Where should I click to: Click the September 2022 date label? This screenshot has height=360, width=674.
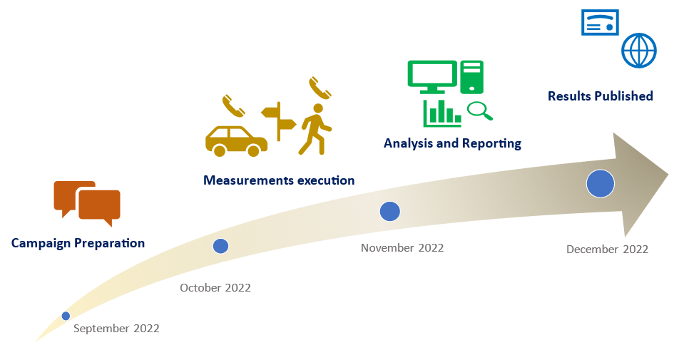pos(116,329)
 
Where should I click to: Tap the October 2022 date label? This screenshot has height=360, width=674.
pos(215,288)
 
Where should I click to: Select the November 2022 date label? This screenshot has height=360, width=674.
pos(402,248)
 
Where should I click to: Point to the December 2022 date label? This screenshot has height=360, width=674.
pos(607,250)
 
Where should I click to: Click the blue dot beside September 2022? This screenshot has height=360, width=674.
pos(66,315)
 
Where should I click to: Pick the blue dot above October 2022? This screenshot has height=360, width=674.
pos(221,246)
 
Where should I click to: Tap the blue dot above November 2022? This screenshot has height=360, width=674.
pos(389,211)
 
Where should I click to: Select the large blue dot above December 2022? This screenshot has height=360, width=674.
pos(600,184)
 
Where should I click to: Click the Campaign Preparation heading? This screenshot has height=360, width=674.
pos(78,243)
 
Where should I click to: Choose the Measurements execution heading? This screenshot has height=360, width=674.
pos(279,180)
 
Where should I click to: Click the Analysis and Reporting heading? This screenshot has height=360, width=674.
pos(452,143)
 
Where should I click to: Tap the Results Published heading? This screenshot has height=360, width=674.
pos(600,96)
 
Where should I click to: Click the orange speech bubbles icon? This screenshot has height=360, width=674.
pos(87,202)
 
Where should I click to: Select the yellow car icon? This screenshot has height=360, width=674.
pos(236,140)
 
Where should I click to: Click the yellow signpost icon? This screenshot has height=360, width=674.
pos(278,121)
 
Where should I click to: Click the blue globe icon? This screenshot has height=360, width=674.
pos(638,51)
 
